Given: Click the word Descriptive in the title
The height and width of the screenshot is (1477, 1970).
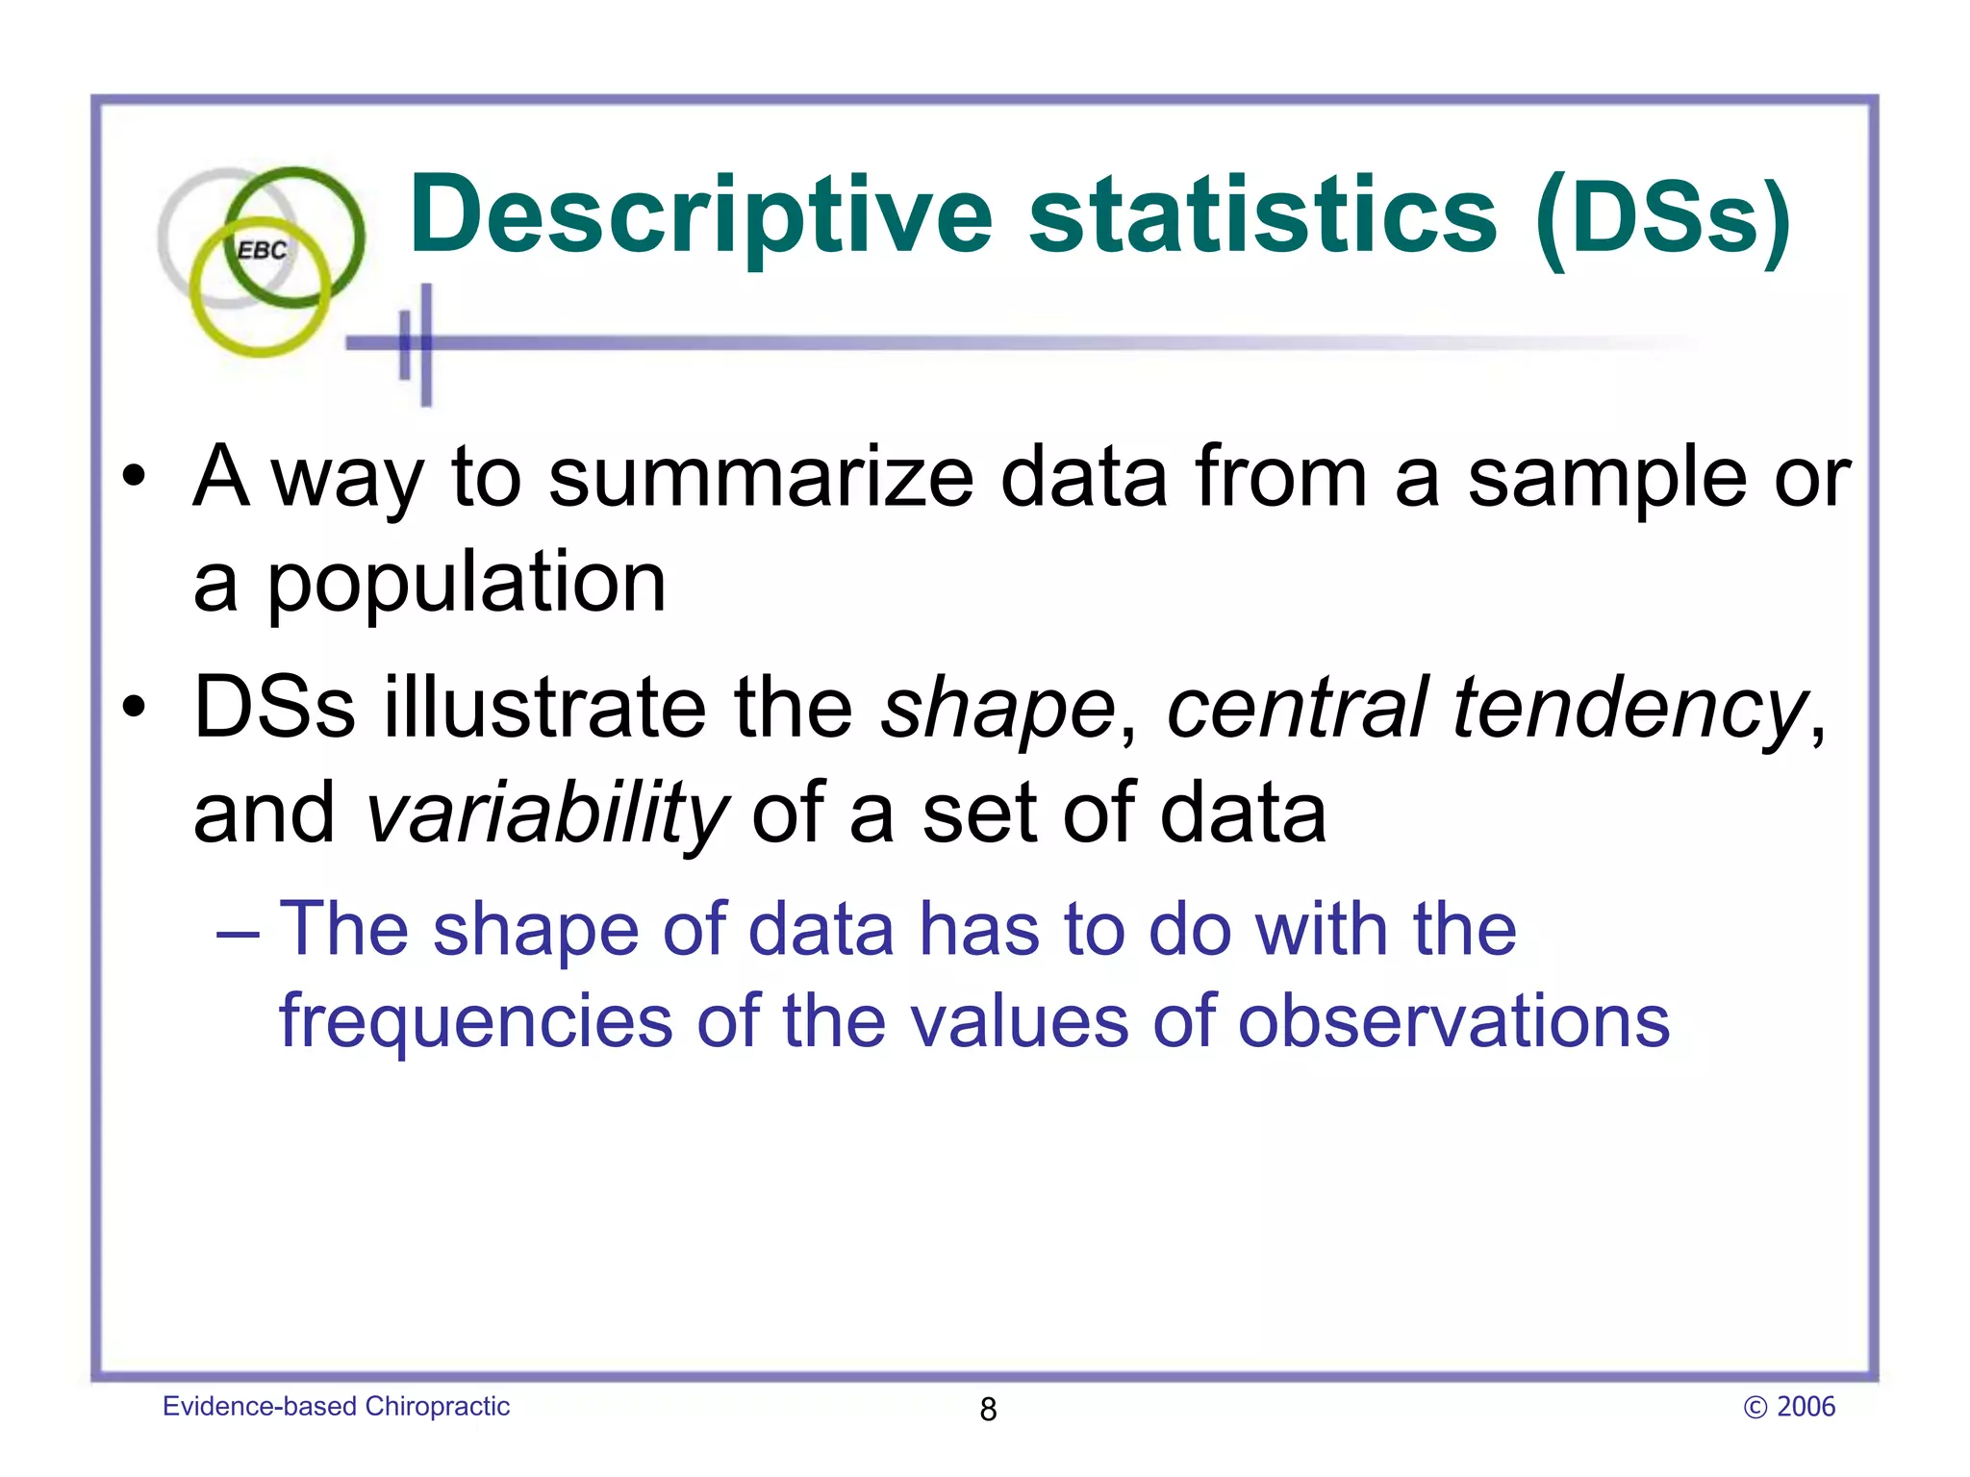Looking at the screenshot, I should pyautogui.click(x=700, y=216).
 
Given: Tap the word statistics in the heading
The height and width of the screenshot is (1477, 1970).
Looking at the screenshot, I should pyautogui.click(x=1263, y=216).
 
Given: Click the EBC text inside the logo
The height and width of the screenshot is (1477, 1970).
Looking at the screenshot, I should pyautogui.click(x=262, y=251).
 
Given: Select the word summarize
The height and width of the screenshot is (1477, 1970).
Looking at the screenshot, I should pyautogui.click(x=761, y=478).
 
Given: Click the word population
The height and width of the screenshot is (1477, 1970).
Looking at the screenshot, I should pyautogui.click(x=466, y=584).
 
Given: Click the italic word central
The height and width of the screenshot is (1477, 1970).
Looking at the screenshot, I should pyautogui.click(x=1298, y=708).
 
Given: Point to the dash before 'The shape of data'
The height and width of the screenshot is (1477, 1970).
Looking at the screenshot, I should pyautogui.click(x=238, y=933).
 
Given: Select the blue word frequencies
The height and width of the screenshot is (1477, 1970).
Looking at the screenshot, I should pyautogui.click(x=475, y=1022).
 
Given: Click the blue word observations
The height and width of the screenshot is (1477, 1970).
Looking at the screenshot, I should pyautogui.click(x=1453, y=1020).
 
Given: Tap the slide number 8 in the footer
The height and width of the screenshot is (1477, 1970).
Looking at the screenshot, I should pyautogui.click(x=988, y=1410).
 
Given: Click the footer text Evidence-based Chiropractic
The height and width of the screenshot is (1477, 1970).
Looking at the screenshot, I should pyautogui.click(x=336, y=1406).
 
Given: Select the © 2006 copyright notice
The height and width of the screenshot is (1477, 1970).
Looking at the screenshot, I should pyautogui.click(x=1789, y=1407).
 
